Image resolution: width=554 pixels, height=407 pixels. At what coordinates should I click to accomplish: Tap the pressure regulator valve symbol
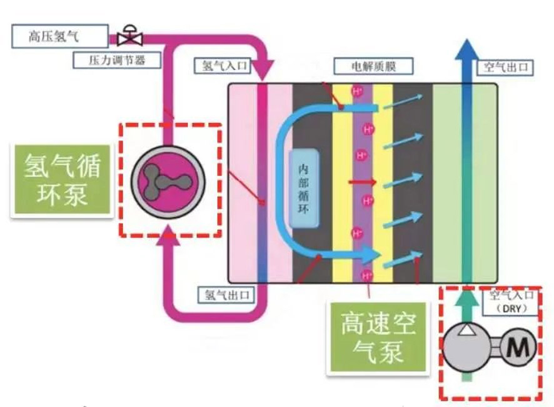tap(130, 36)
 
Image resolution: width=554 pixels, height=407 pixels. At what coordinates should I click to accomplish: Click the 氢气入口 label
tap(223, 64)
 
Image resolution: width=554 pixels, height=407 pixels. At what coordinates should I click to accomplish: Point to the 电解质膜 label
tap(373, 64)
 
